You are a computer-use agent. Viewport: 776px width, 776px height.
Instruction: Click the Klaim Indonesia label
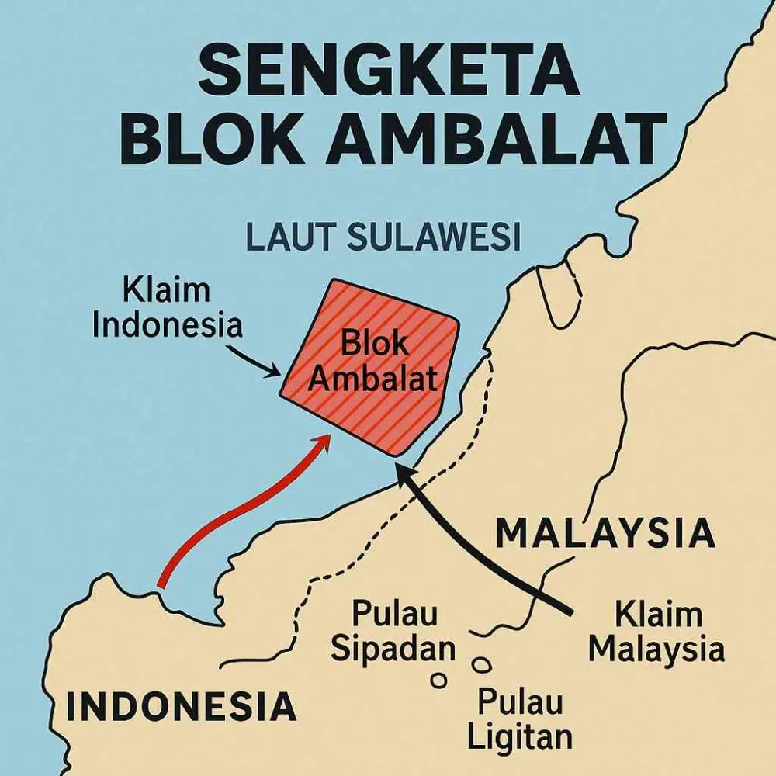click(x=167, y=309)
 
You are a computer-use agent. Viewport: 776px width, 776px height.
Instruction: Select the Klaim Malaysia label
click(x=656, y=632)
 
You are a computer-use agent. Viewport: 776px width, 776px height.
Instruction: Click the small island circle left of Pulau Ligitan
click(x=440, y=681)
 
